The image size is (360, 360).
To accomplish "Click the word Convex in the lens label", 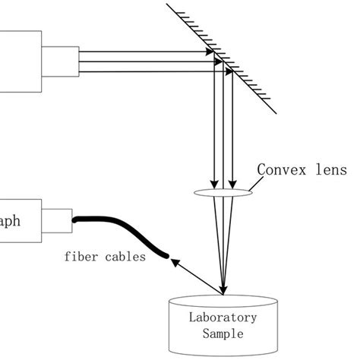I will (x=280, y=169).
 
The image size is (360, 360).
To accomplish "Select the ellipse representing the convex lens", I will (x=223, y=193).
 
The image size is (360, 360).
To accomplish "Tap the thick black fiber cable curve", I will (x=122, y=229).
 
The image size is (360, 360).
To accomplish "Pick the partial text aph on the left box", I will (x=13, y=221).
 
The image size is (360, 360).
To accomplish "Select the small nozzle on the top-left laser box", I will (x=58, y=62).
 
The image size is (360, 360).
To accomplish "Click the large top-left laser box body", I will (x=19, y=62).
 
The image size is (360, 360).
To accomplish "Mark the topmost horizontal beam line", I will (x=144, y=53).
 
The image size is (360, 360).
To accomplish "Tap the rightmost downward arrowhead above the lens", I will (x=232, y=182).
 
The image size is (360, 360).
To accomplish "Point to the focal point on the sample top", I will (x=223, y=293).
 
